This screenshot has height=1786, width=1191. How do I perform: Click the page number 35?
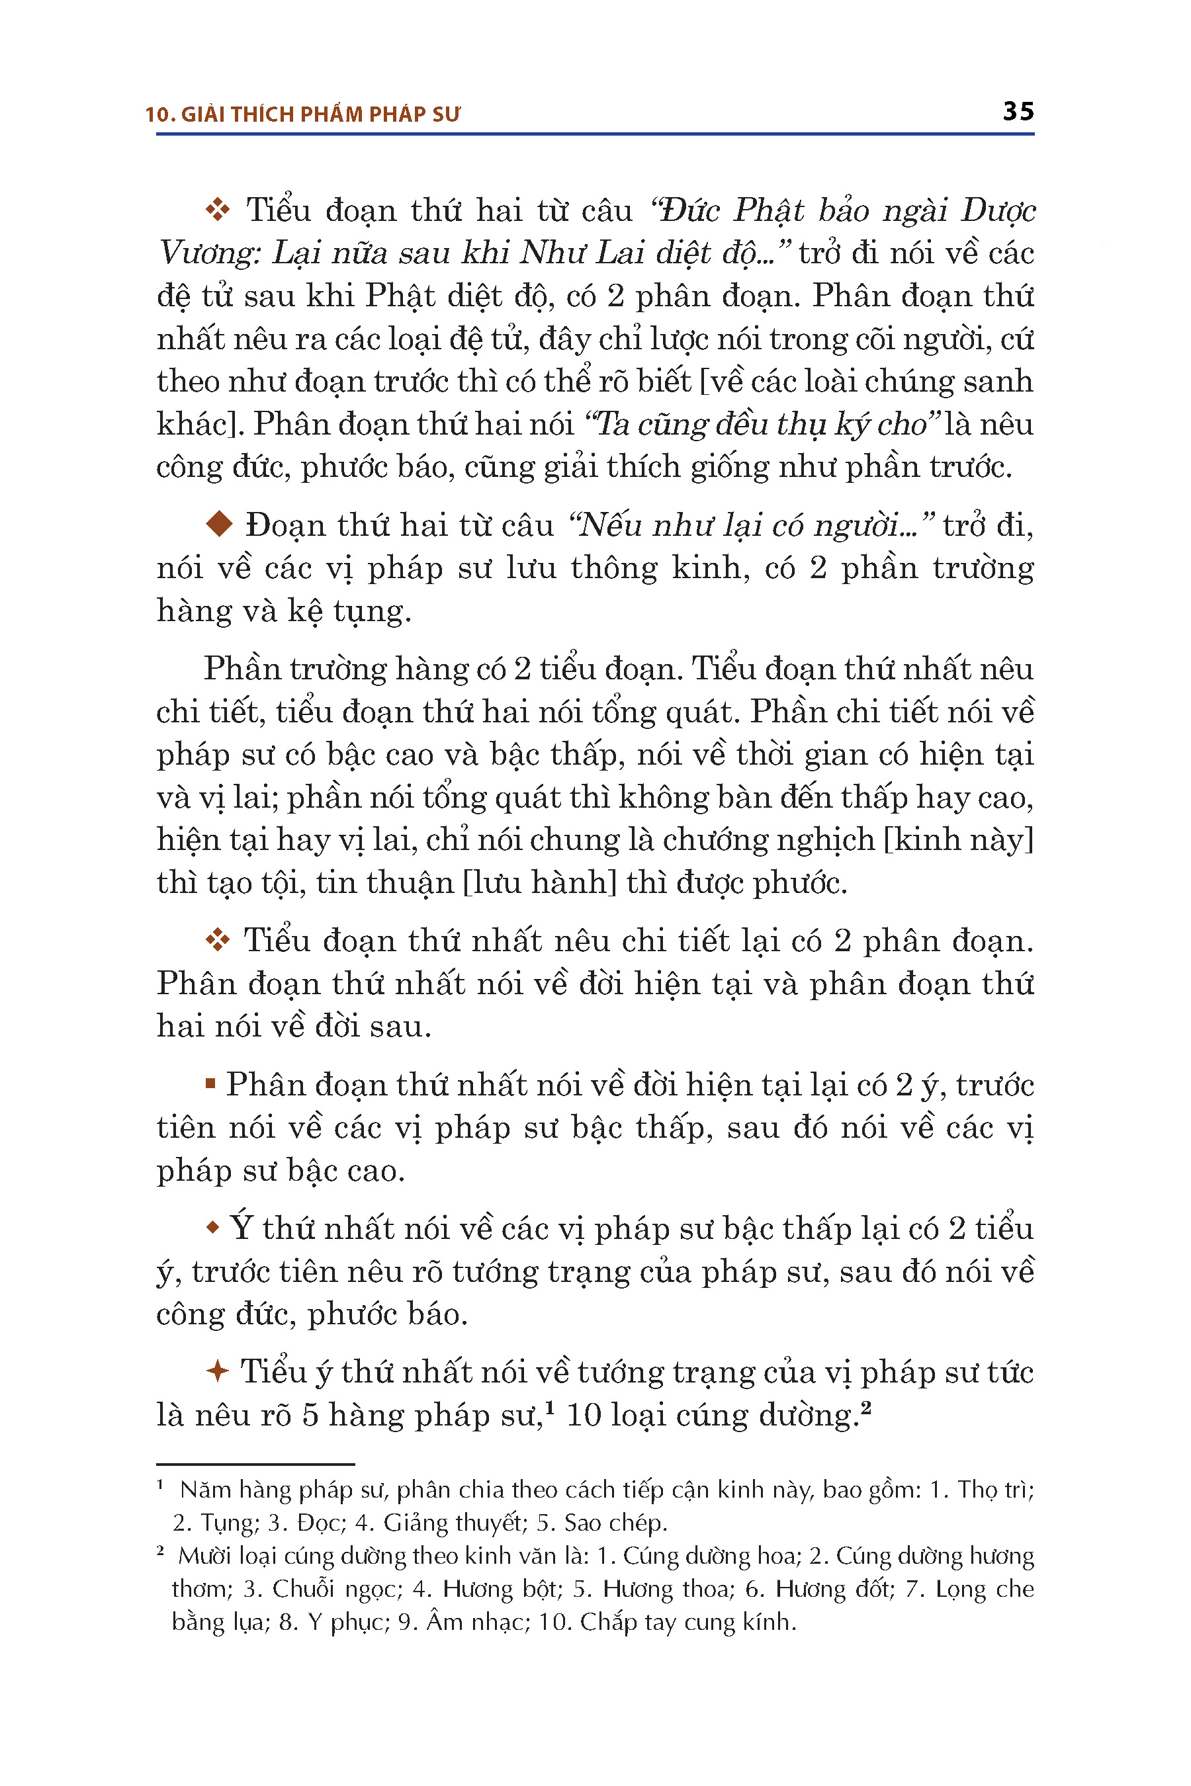[1018, 112]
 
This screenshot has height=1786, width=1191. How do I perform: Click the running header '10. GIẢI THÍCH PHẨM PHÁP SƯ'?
[302, 114]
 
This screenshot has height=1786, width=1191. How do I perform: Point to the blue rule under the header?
[595, 134]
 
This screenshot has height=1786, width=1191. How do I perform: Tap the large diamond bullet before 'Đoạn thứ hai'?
[220, 524]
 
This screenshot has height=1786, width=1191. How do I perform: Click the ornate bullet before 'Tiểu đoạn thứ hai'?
[218, 210]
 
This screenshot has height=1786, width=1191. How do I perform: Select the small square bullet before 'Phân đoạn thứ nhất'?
[210, 1084]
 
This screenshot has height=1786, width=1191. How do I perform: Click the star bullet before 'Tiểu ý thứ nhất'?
[217, 1371]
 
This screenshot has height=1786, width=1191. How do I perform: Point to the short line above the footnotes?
[255, 1463]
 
